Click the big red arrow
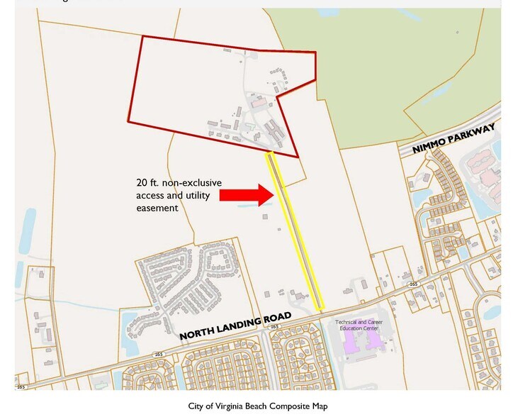point(244,194)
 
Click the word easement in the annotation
point(157,208)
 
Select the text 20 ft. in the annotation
point(147,182)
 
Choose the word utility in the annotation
point(196,195)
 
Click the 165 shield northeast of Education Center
point(413,284)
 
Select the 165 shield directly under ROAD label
point(274,327)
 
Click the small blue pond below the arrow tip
point(245,206)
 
